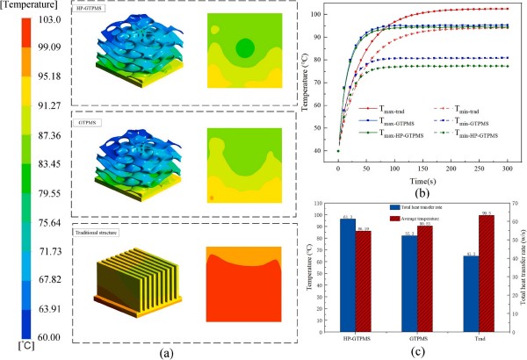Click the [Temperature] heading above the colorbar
pyautogui.click(x=34, y=5)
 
